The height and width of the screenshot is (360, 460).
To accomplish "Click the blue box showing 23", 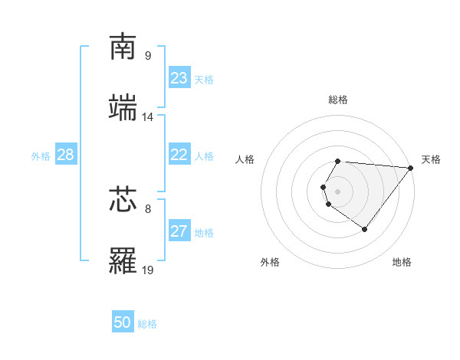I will pyautogui.click(x=179, y=78).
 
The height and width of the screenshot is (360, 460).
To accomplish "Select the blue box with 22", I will pyautogui.click(x=179, y=155).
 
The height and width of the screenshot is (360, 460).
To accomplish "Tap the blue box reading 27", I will pyautogui.click(x=179, y=231).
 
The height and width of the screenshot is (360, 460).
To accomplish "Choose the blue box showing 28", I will pyautogui.click(x=65, y=155).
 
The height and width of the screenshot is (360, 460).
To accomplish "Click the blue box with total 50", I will pyautogui.click(x=123, y=322).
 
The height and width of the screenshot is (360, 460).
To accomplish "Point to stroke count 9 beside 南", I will pyautogui.click(x=148, y=56).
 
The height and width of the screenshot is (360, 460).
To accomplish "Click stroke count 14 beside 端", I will pyautogui.click(x=148, y=117).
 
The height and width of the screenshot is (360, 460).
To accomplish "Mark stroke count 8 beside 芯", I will pyautogui.click(x=148, y=208).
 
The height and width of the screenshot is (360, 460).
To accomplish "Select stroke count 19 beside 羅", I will pyautogui.click(x=148, y=270).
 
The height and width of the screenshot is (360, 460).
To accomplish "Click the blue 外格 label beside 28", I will pyautogui.click(x=41, y=155).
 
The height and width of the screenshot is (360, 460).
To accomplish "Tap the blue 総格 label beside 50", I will pyautogui.click(x=147, y=324).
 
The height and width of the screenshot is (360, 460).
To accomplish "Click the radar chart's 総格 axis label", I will pyautogui.click(x=338, y=100).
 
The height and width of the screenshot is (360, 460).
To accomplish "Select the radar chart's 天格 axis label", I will pyautogui.click(x=431, y=159).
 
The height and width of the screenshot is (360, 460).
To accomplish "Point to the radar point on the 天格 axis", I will pyautogui.click(x=411, y=168).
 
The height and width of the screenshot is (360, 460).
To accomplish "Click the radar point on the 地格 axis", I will pyautogui.click(x=365, y=229).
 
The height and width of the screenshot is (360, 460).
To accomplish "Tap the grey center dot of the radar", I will pyautogui.click(x=338, y=191).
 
